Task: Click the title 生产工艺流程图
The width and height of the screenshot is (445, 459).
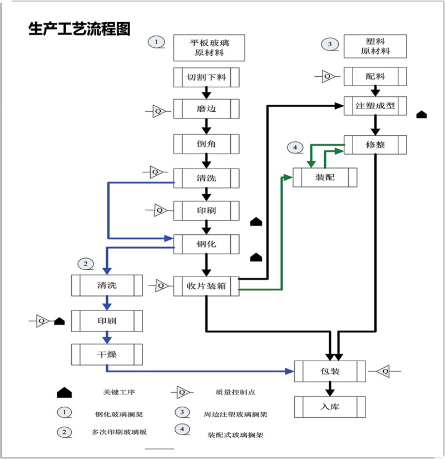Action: tap(80, 29)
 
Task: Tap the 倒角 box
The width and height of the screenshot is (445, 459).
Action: tap(206, 144)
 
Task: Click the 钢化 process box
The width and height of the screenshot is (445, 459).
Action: tap(206, 243)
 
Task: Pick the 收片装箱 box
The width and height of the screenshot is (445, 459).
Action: tap(206, 286)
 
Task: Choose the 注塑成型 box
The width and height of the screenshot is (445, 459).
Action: tap(375, 105)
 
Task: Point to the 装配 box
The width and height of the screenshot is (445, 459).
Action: tap(325, 177)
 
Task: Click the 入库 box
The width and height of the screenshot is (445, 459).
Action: tap(330, 407)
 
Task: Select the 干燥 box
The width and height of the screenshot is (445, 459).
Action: tap(106, 353)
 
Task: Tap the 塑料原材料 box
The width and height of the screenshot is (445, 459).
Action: tap(375, 47)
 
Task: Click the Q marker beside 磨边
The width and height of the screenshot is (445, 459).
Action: tap(159, 111)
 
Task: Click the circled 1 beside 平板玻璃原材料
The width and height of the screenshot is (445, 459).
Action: tap(157, 42)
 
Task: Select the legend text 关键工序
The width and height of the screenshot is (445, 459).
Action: tap(115, 392)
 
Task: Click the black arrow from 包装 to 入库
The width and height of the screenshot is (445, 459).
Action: tap(329, 388)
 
